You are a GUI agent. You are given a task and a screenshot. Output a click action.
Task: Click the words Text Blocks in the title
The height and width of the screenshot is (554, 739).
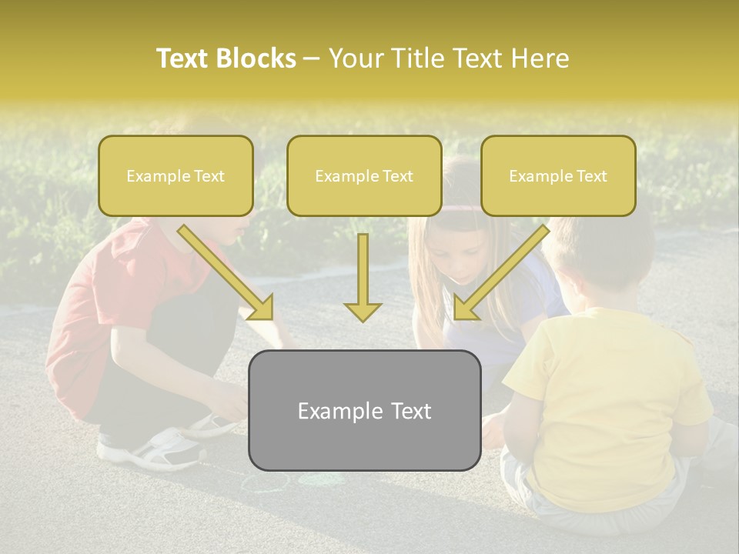coord(226,58)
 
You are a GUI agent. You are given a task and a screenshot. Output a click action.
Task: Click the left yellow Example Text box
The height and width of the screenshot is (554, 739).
coord(176,175)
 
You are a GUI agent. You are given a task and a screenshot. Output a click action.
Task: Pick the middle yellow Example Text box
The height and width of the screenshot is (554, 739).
coord(364,175)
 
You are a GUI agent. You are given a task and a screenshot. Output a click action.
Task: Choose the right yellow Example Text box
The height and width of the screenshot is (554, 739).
coord(558,175)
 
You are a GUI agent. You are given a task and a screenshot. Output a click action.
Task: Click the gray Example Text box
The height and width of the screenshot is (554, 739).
coord(364,410)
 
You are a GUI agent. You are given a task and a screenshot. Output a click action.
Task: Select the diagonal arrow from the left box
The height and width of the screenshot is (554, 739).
coord(227,273)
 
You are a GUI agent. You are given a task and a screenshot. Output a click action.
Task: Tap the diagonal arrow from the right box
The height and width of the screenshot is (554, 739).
coord(500,273)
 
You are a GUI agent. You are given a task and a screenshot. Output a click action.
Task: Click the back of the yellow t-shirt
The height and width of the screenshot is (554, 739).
coord(608,385)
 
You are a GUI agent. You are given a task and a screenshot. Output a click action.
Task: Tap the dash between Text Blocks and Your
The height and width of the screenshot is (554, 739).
coord(312,58)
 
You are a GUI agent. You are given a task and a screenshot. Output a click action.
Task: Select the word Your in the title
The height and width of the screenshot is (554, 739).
coord(355,58)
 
